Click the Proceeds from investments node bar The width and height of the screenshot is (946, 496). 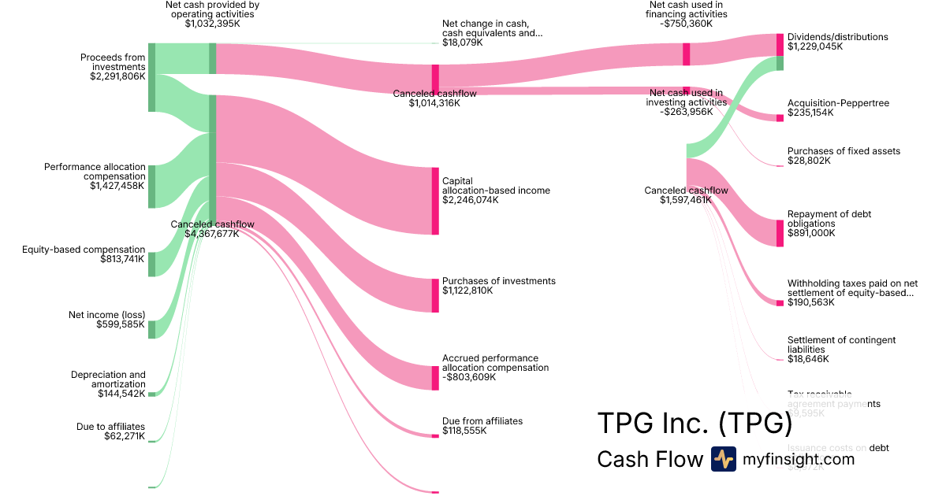152,77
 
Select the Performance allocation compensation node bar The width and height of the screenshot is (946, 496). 152,187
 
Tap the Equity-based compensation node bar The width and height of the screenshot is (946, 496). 152,265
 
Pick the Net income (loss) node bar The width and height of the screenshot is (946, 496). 152,329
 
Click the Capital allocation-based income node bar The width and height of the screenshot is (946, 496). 435,201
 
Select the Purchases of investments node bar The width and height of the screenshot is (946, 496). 435,295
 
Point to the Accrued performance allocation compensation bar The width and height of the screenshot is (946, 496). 435,378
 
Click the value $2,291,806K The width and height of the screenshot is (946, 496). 117,77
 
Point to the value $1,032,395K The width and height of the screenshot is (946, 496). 212,24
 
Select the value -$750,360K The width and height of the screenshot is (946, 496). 683,24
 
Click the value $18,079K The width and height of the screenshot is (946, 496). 463,43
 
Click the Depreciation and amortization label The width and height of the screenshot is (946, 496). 108,379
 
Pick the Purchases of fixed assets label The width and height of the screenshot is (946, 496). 844,151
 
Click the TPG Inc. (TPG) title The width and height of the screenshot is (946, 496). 695,423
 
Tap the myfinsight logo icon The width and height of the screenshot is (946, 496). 723,459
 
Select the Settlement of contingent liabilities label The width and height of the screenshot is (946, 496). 841,344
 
